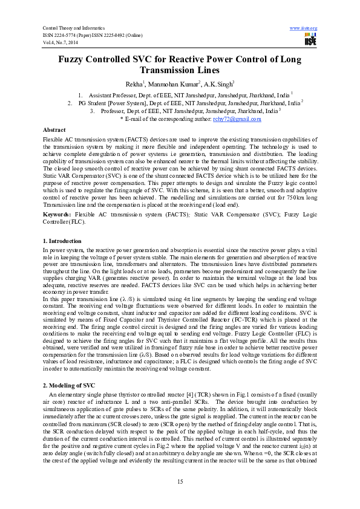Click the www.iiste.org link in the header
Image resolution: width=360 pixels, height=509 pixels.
pos(304,28)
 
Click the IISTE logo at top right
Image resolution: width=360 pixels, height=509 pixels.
pos(310,40)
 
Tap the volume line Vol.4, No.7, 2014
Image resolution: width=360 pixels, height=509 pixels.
pos(61,42)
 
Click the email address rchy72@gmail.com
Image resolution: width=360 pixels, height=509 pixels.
pos(237,119)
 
